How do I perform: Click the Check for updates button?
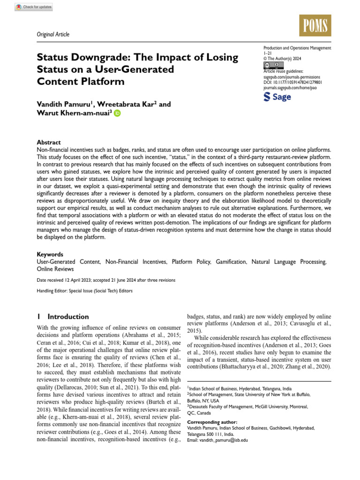coord(34,7)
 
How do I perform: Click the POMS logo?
coord(315,25)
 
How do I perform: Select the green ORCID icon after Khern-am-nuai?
coord(117,113)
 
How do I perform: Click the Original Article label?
coord(53,34)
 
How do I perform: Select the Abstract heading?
coord(49,142)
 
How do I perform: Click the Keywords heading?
coord(50,255)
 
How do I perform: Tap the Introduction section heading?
coord(68,316)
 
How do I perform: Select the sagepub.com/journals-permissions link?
coord(293,76)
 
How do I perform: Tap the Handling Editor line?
coord(84,291)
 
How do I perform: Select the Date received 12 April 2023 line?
coord(99,280)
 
